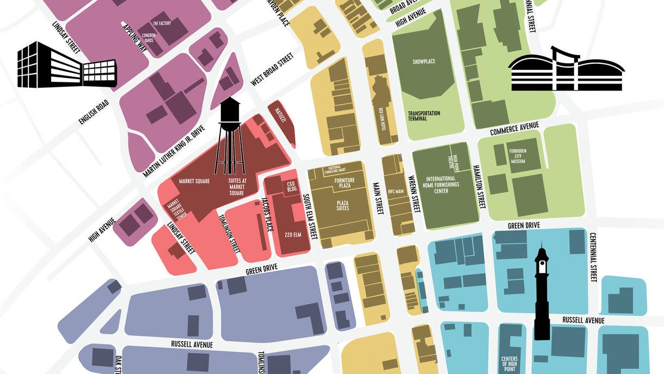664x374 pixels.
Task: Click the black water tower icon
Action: [x=230, y=134]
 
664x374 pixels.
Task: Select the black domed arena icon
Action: [x=566, y=70]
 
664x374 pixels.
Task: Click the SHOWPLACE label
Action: [x=424, y=62]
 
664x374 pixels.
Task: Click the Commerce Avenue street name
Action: [x=514, y=129]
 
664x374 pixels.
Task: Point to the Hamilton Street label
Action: [x=479, y=186]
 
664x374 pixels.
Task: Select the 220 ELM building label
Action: [x=293, y=235]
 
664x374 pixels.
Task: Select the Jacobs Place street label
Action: [x=267, y=214]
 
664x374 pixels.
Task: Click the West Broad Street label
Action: [x=272, y=69]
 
